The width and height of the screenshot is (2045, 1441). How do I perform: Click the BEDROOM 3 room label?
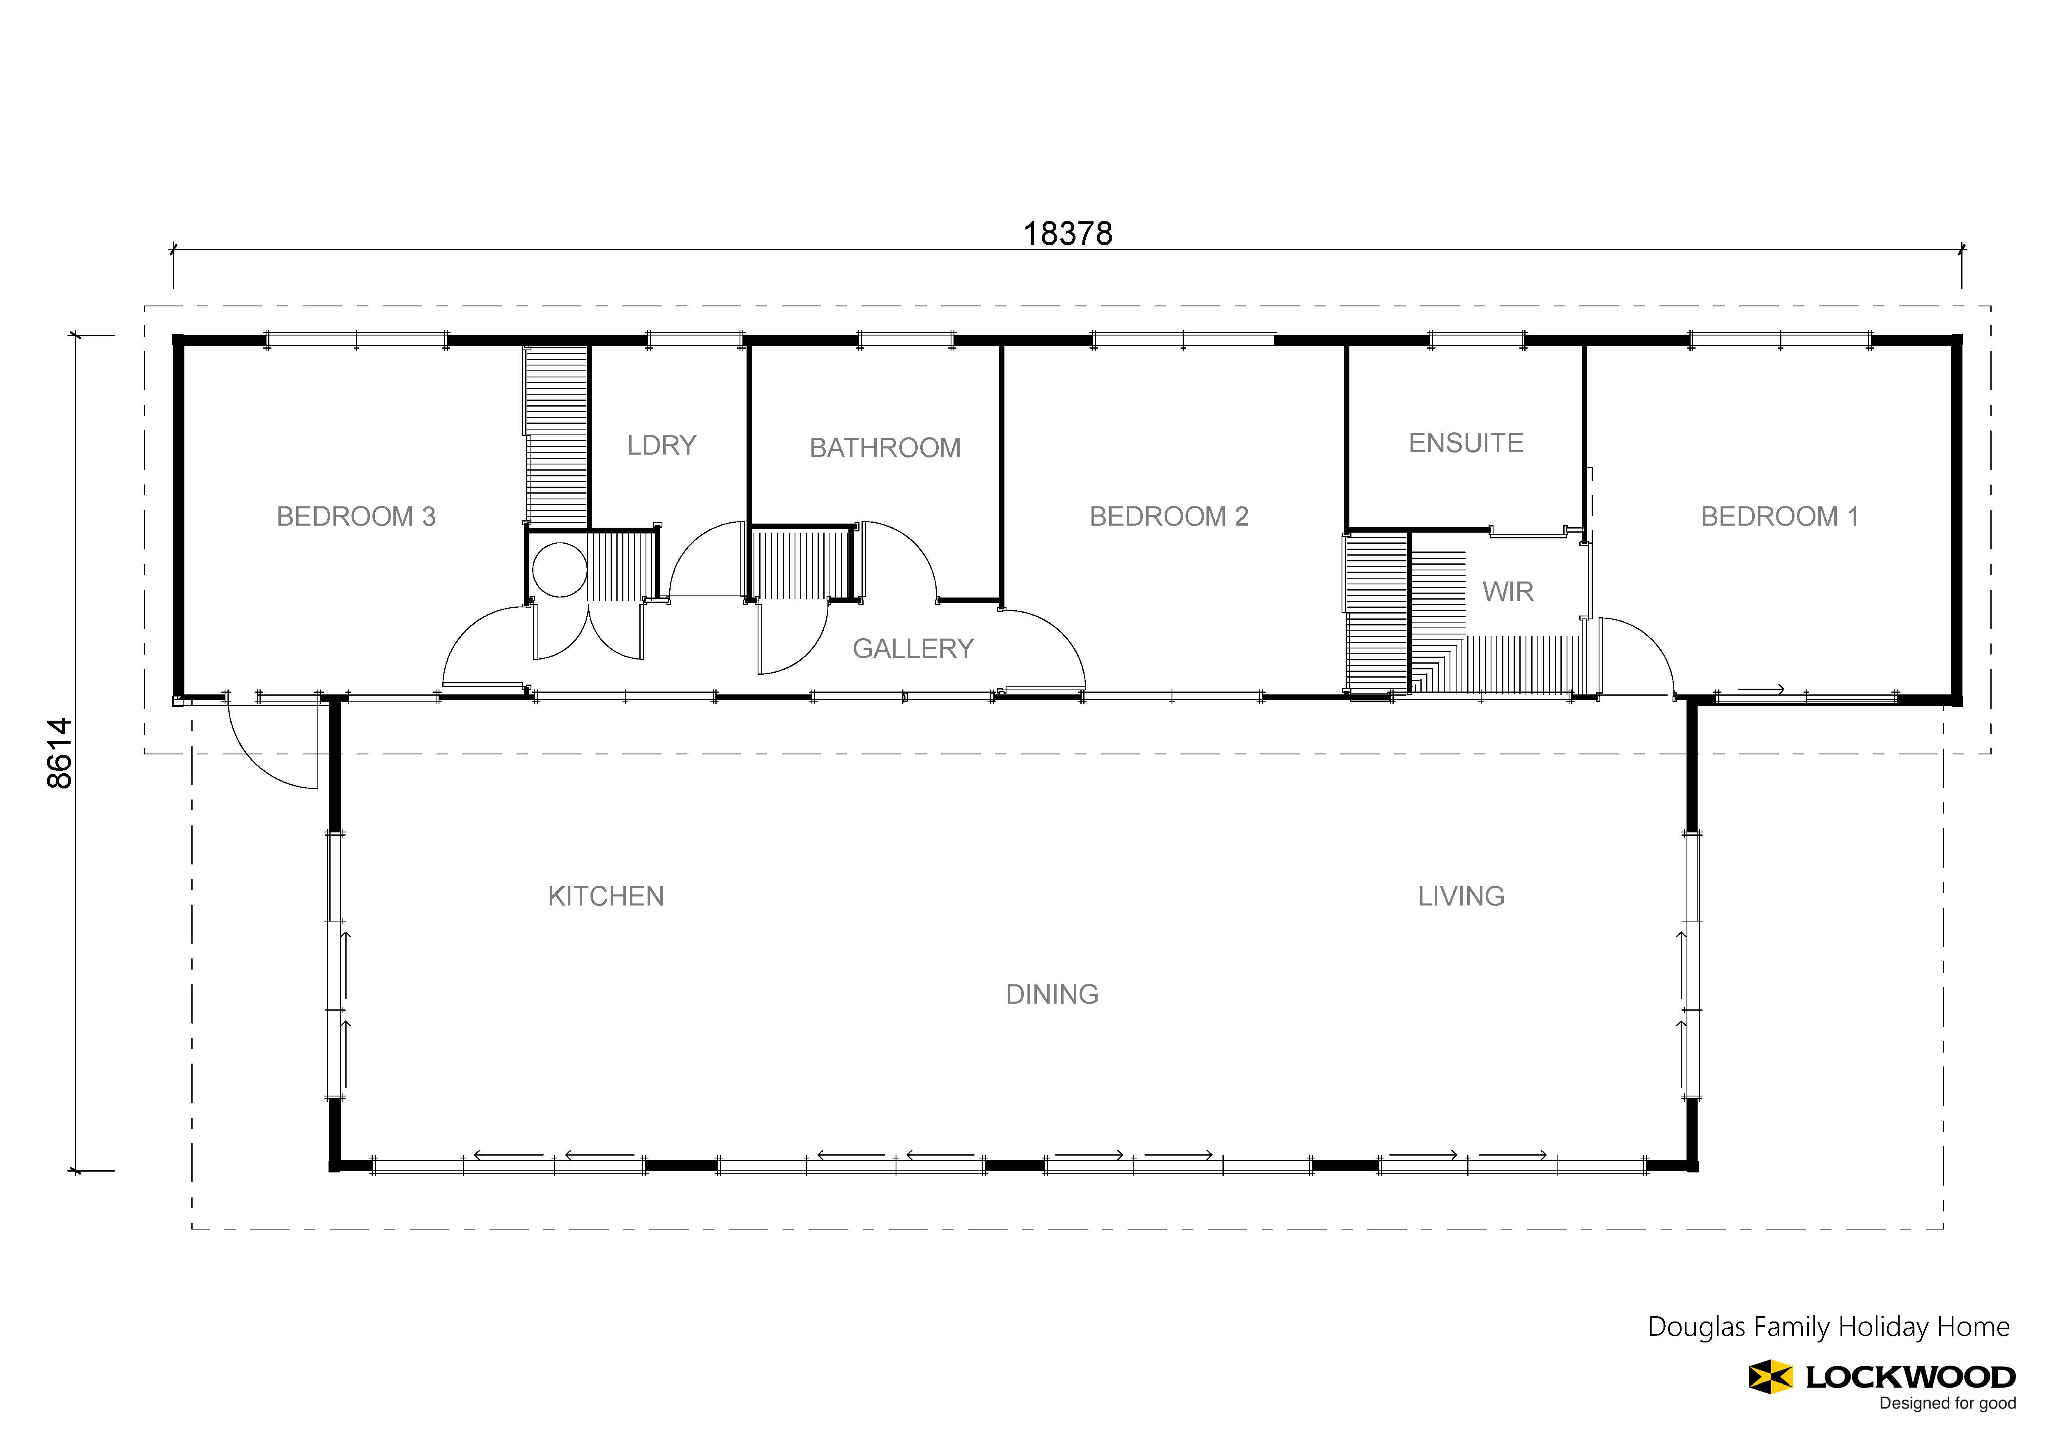tap(356, 517)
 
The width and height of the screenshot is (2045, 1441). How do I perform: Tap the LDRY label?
tap(662, 445)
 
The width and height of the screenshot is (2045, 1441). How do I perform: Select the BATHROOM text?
tap(885, 448)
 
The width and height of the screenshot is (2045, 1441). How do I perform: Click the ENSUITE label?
tap(1466, 444)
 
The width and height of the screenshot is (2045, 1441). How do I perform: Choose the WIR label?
tap(1508, 591)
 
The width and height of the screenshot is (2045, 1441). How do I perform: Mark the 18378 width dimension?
tap(1068, 233)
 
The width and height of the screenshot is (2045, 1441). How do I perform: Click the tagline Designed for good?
tap(1948, 1404)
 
